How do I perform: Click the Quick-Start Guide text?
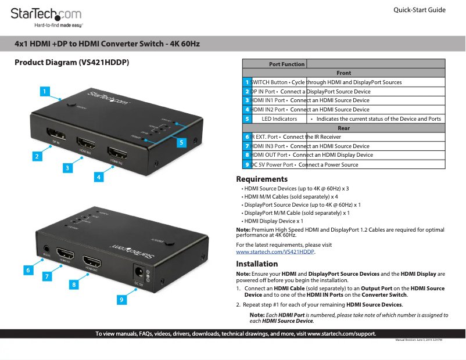(x=419, y=10)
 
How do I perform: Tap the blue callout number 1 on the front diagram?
(x=44, y=91)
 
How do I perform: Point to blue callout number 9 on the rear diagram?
(x=121, y=300)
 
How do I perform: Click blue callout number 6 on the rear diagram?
(x=28, y=270)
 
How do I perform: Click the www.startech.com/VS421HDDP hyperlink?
(x=275, y=252)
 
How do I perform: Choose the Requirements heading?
(x=261, y=179)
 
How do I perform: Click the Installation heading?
(x=257, y=264)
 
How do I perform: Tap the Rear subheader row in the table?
(x=343, y=128)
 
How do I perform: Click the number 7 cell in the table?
(x=247, y=146)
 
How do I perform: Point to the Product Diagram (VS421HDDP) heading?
(x=71, y=63)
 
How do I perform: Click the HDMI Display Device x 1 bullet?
(x=273, y=221)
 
